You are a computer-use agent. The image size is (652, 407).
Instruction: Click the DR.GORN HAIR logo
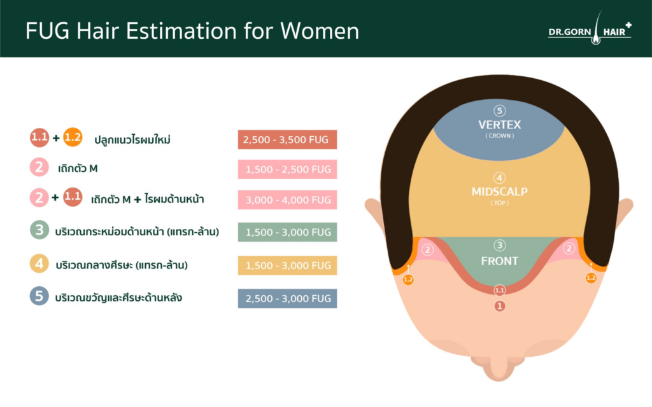[x=590, y=28]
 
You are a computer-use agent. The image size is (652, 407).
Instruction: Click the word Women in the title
[x=320, y=31]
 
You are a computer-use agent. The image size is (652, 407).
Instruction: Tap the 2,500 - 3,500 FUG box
[x=287, y=139]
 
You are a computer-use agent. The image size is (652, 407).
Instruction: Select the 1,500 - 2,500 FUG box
[x=287, y=169]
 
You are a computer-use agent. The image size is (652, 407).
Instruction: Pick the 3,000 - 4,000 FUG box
[x=287, y=200]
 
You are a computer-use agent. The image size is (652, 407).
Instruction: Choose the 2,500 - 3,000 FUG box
[x=287, y=298]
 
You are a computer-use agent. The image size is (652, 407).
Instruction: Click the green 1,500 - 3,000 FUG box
[x=287, y=232]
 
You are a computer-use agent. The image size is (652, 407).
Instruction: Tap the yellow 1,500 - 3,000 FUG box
[x=287, y=265]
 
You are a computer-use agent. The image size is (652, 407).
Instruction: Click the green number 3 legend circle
[x=39, y=230]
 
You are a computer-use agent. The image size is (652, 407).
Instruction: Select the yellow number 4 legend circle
[x=39, y=263]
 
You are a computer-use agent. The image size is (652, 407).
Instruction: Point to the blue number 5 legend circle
[x=39, y=296]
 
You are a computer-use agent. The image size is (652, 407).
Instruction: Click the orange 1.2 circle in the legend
[x=73, y=137]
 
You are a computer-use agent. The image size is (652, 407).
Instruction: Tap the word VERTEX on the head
[x=499, y=125]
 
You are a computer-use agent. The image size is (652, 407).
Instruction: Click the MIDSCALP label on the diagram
[x=499, y=191]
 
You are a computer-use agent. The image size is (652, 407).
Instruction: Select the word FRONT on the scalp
[x=499, y=261]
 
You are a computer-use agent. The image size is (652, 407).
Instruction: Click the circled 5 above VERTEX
[x=499, y=111]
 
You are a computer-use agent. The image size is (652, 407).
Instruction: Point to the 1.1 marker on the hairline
[x=499, y=290]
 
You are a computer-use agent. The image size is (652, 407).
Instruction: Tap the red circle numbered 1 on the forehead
[x=499, y=306]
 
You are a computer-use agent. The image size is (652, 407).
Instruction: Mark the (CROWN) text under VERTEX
[x=499, y=136]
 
